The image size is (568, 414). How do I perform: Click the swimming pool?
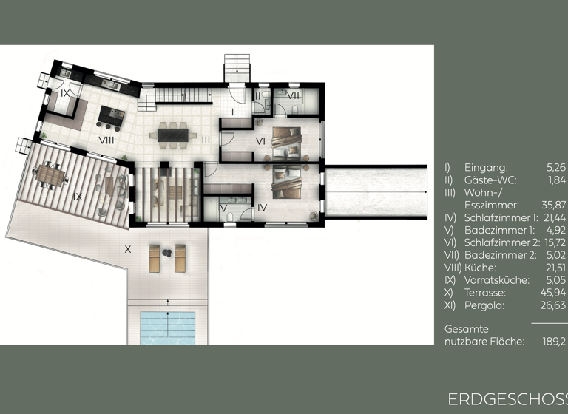(167, 325)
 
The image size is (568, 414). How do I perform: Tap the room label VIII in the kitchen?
(106, 138)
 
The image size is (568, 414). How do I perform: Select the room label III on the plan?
(206, 139)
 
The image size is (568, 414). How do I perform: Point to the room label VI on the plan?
(260, 141)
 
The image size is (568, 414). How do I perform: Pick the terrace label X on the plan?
(127, 250)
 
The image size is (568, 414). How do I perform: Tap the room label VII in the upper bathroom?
(293, 95)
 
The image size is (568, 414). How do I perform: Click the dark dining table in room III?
(173, 135)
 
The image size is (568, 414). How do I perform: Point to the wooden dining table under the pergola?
(51, 174)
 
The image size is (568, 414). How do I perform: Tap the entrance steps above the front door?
(237, 68)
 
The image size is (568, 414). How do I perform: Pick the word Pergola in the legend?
(483, 305)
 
